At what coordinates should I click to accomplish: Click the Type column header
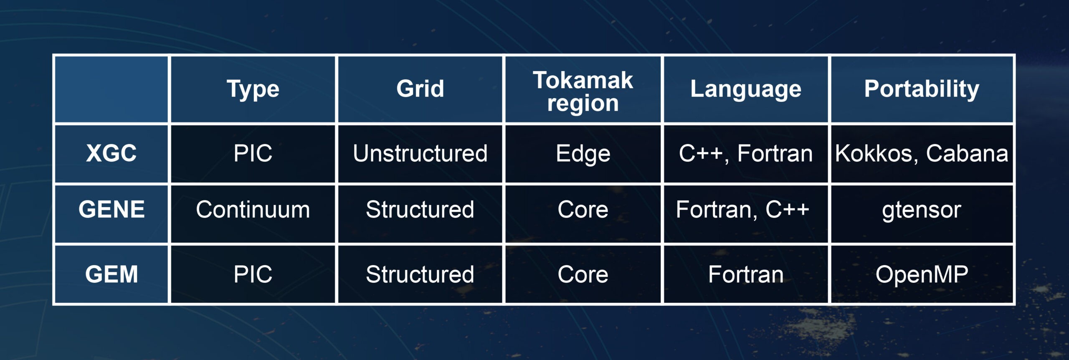[253, 89]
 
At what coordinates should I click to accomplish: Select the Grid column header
[420, 89]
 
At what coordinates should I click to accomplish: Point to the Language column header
[746, 89]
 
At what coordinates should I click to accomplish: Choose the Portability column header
[922, 89]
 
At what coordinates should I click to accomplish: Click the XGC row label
[111, 153]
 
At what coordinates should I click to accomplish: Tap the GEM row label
[111, 274]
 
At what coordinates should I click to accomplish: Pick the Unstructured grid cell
[420, 153]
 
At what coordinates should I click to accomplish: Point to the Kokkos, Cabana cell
[922, 154]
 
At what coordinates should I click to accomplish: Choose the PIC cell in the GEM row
[253, 274]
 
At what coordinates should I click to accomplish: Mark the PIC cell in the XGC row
[253, 153]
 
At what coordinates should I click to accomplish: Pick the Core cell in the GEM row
[583, 274]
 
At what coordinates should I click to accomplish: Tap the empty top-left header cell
[111, 89]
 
